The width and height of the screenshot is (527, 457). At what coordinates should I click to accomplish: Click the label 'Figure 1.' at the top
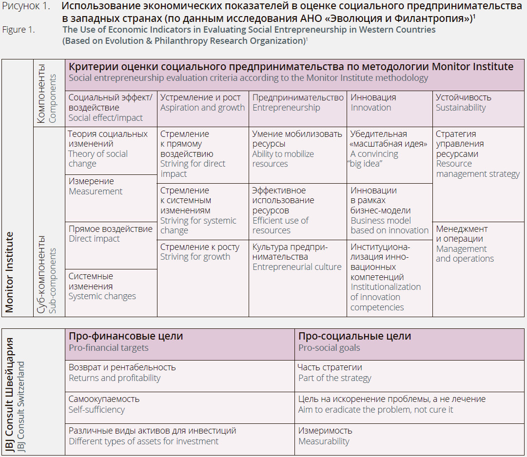[19, 30]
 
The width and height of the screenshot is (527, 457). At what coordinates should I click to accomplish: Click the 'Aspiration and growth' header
[202, 108]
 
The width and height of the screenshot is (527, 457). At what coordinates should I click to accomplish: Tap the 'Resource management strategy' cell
[478, 169]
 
